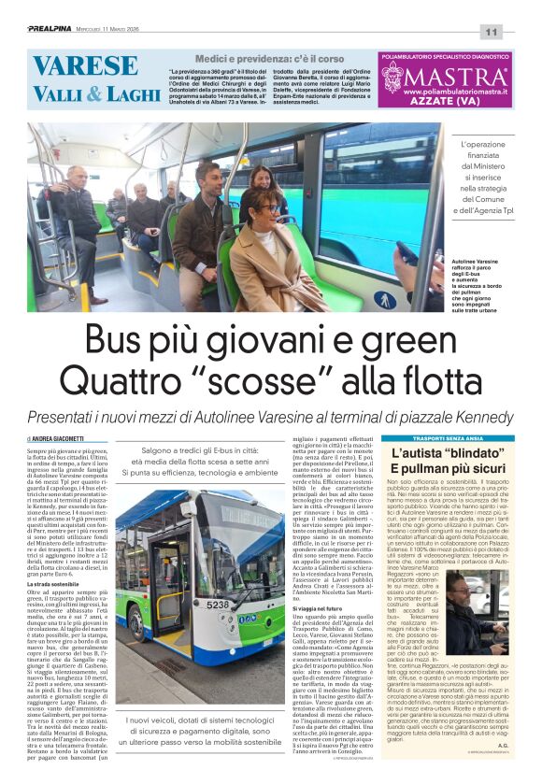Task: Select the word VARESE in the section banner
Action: (x=86, y=66)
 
